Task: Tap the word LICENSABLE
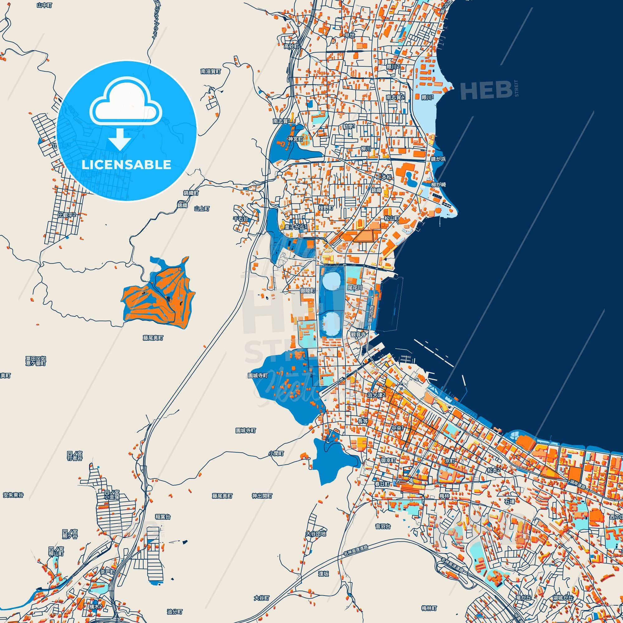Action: click(126, 165)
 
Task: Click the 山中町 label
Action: click(44, 5)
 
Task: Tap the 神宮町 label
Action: click(296, 139)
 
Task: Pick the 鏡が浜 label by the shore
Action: click(438, 159)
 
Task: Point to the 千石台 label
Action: click(241, 219)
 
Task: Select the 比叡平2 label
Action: click(67, 215)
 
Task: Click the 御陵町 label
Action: click(308, 291)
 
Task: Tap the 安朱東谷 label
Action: click(13, 495)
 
